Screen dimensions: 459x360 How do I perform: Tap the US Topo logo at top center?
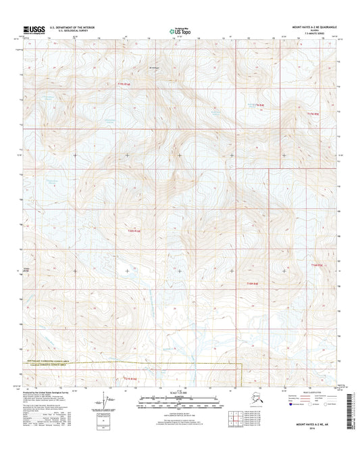[x=179, y=30]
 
